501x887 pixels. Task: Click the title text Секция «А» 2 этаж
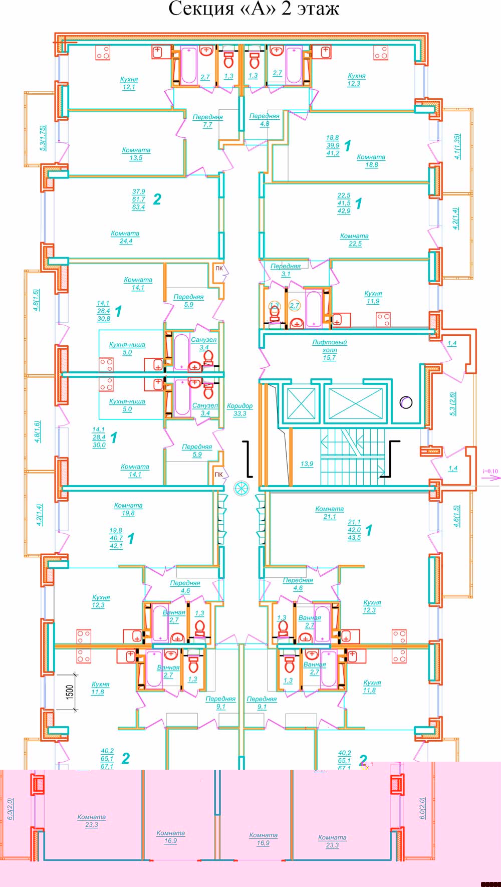(254, 9)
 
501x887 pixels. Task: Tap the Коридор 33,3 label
(239, 410)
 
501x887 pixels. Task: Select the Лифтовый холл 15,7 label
(329, 350)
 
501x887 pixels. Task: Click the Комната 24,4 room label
(125, 237)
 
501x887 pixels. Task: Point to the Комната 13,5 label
(136, 154)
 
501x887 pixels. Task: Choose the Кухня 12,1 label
(129, 83)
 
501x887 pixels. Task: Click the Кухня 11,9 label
(373, 297)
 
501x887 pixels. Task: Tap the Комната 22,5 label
(354, 240)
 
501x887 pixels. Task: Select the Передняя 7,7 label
(207, 121)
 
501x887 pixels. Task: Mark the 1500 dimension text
(70, 692)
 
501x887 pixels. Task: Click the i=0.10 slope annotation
(490, 471)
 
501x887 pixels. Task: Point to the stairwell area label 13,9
(307, 464)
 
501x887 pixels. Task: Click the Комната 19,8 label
(128, 509)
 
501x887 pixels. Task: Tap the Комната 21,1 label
(329, 513)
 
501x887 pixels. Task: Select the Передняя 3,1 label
(286, 270)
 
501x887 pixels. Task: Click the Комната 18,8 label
(371, 161)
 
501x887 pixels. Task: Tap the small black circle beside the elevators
(406, 402)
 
